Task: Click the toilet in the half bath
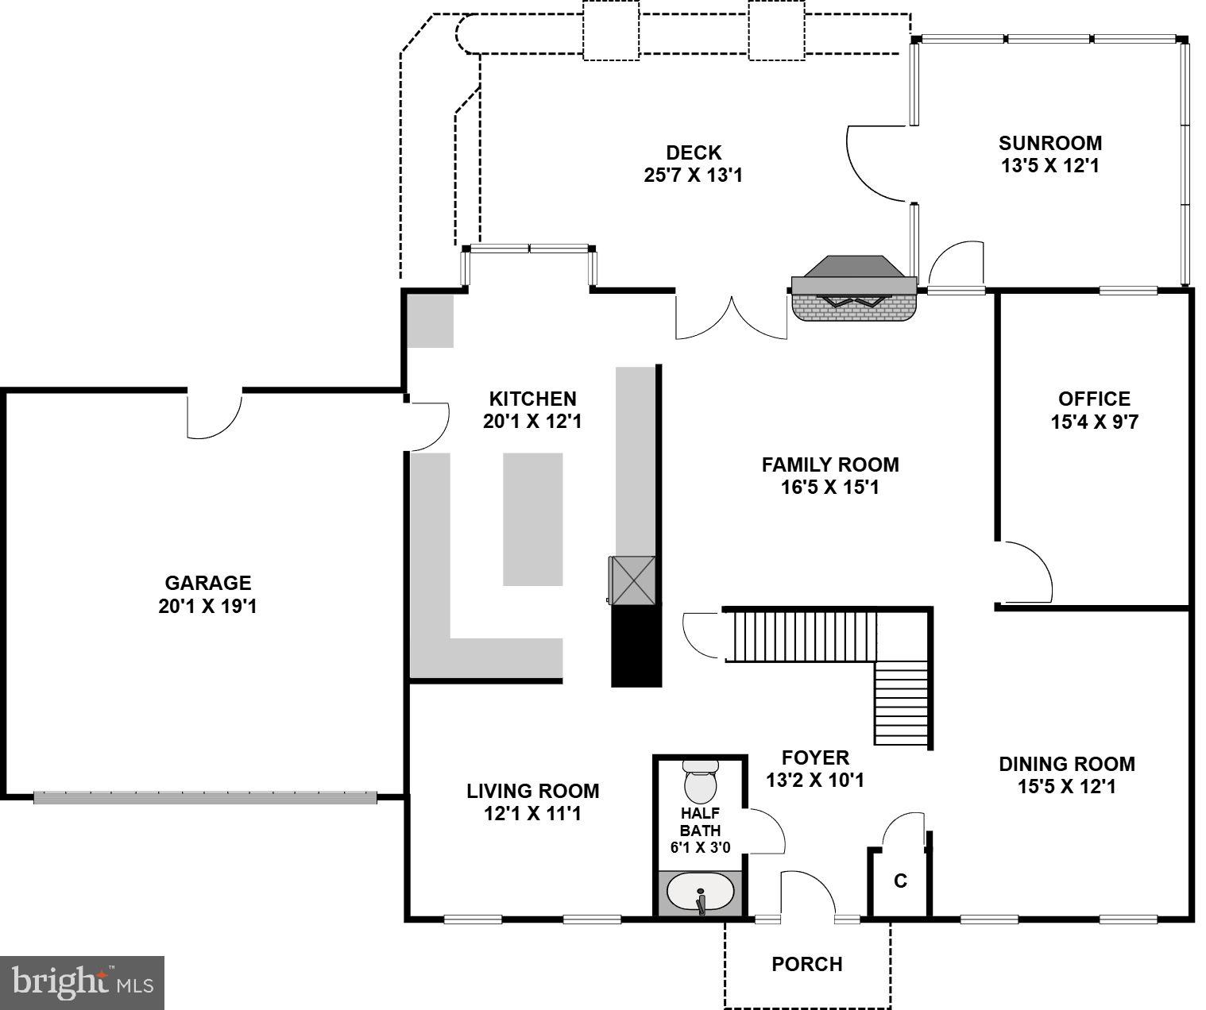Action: point(700,782)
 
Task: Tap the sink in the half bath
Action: point(700,892)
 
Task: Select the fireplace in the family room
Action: point(854,290)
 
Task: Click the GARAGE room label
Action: point(207,584)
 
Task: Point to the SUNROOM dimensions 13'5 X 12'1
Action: point(1050,166)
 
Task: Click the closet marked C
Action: point(900,881)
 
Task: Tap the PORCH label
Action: point(806,964)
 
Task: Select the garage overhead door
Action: point(205,796)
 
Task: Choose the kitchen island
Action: point(533,518)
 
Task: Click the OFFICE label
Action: point(1094,399)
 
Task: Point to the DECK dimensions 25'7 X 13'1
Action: point(693,175)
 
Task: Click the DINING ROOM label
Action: point(1066,764)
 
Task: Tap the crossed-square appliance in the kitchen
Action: point(633,580)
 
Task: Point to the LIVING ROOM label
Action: point(532,791)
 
